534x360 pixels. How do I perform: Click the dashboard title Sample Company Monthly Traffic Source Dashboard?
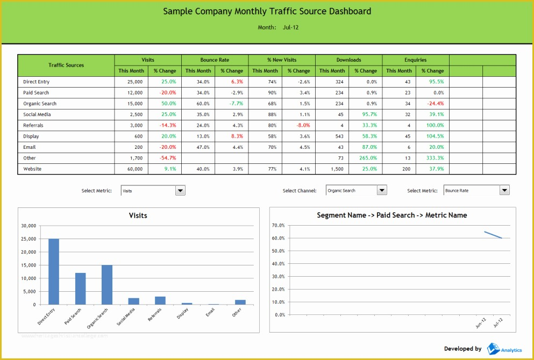click(x=267, y=11)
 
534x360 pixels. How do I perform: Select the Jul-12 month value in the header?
click(x=290, y=27)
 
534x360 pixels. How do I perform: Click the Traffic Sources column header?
click(x=66, y=65)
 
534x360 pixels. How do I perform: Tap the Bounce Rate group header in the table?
click(x=214, y=60)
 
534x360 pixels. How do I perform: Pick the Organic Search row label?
click(x=40, y=104)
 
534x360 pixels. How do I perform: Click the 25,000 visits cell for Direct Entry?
click(x=135, y=82)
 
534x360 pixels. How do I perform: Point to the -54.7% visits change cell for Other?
click(x=167, y=158)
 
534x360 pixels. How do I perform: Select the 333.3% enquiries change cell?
click(x=435, y=158)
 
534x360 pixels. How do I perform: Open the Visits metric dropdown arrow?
click(x=180, y=190)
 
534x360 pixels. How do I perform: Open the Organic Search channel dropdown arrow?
click(x=382, y=190)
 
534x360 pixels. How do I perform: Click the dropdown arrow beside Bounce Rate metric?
click(x=504, y=190)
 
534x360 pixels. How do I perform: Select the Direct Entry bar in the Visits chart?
click(x=54, y=271)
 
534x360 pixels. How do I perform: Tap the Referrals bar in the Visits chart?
click(x=160, y=300)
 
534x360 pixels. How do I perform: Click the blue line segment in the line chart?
click(x=493, y=235)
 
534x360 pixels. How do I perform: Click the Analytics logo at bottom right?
click(x=504, y=349)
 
